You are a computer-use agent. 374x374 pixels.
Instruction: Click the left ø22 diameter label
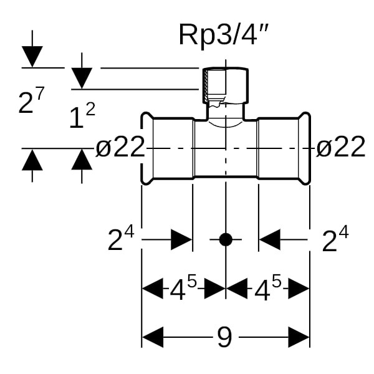click(120, 148)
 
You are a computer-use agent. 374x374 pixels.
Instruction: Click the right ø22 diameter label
click(340, 148)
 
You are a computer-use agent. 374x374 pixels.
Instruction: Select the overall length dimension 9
click(224, 338)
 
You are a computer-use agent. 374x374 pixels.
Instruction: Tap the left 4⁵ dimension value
click(183, 288)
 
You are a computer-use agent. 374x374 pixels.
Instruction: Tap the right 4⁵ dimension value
click(267, 288)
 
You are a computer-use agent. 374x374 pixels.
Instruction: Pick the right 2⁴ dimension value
click(335, 239)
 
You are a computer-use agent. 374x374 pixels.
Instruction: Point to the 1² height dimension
click(82, 116)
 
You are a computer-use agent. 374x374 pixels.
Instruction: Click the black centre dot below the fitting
click(226, 239)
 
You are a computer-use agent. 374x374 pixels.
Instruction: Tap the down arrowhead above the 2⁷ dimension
click(32, 57)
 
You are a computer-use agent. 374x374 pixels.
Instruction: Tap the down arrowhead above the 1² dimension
click(82, 79)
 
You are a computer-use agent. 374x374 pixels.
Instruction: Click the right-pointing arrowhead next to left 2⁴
click(181, 239)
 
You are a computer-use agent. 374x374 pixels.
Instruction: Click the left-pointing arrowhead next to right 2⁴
click(270, 239)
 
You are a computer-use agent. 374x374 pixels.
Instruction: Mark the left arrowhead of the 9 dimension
click(153, 338)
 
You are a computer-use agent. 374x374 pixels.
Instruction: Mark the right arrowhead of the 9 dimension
click(299, 338)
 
